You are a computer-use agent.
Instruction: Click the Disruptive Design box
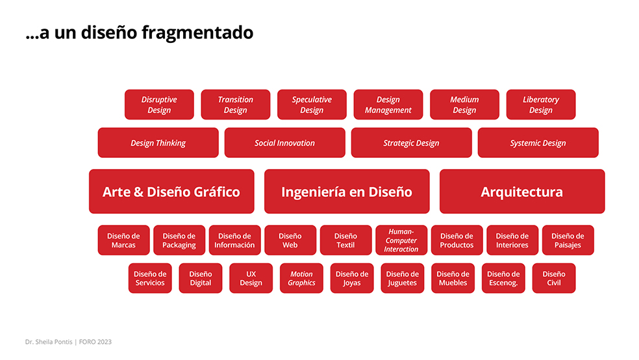(159, 105)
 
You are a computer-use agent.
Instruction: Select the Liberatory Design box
(541, 105)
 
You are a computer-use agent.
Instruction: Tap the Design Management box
(388, 105)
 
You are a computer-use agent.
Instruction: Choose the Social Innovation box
(285, 143)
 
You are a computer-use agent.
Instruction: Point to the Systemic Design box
(538, 143)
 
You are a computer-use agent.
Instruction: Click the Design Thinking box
(158, 143)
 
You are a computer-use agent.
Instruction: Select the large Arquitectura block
(522, 192)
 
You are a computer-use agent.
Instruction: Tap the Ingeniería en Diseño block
(347, 192)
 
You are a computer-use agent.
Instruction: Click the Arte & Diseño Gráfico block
(171, 192)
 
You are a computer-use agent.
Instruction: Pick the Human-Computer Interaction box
(401, 240)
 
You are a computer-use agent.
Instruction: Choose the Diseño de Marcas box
(123, 240)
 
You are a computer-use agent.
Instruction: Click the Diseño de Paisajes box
(568, 240)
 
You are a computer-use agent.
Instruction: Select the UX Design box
(251, 278)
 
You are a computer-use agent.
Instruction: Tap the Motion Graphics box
(301, 278)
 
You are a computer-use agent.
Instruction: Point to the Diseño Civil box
(554, 278)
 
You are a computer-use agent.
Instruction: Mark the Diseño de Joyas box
(352, 278)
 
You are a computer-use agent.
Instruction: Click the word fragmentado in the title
(197, 32)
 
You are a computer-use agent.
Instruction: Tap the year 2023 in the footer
(105, 342)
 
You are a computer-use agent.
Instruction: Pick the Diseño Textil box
(345, 240)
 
